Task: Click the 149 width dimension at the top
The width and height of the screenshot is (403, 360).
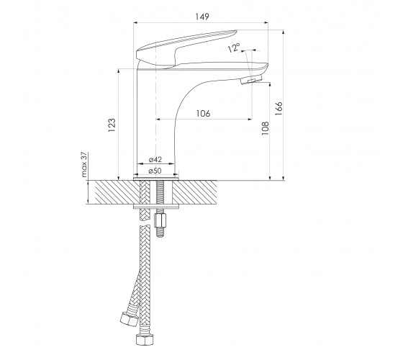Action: [202, 17]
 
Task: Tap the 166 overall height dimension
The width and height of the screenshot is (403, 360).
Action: [279, 109]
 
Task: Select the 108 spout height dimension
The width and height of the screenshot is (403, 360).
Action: [265, 128]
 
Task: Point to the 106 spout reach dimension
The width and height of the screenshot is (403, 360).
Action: [203, 114]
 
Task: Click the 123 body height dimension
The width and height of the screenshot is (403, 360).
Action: [112, 125]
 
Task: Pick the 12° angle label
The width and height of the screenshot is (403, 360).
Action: [234, 48]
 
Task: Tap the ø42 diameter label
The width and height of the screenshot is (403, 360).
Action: [155, 159]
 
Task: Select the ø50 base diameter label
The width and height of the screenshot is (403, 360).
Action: [155, 171]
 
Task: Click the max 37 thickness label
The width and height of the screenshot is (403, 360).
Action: [84, 165]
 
